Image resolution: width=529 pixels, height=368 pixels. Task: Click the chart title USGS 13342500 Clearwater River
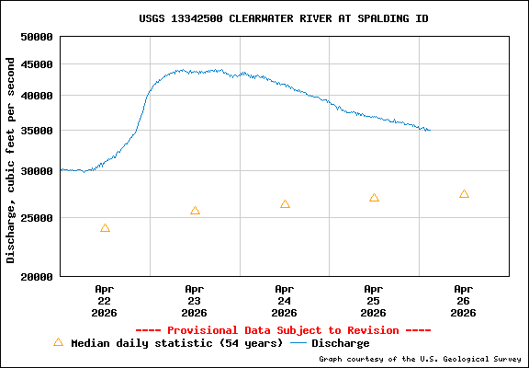[x=283, y=18]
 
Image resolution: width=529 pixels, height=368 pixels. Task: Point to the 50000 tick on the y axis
[x=37, y=37]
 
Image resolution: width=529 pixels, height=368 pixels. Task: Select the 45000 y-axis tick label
[x=37, y=64]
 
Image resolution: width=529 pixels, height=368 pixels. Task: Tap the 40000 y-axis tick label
[x=37, y=96]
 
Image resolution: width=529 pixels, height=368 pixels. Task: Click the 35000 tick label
[x=37, y=131]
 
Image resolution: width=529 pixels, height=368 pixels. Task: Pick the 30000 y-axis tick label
[x=37, y=171]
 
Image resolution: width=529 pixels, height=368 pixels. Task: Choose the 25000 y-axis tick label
[x=37, y=218]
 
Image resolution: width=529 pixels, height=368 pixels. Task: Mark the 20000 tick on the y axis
[x=37, y=276]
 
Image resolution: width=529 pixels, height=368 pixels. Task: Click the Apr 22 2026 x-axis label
[x=105, y=300]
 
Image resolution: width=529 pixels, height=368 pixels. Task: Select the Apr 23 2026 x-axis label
[x=195, y=300]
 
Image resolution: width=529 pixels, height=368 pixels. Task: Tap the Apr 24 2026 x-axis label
[x=285, y=300]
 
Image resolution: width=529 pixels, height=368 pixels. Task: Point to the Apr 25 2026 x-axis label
[x=374, y=300]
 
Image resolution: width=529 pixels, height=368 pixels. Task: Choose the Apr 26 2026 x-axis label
[x=464, y=300]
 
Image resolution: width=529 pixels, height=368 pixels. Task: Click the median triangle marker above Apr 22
[x=105, y=228]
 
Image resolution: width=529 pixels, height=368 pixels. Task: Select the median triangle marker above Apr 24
[x=285, y=204]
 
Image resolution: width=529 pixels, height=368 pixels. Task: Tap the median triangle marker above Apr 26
[x=464, y=194]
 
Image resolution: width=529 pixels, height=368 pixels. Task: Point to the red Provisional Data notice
[x=283, y=330]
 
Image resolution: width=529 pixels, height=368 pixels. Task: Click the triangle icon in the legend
[x=58, y=342]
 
